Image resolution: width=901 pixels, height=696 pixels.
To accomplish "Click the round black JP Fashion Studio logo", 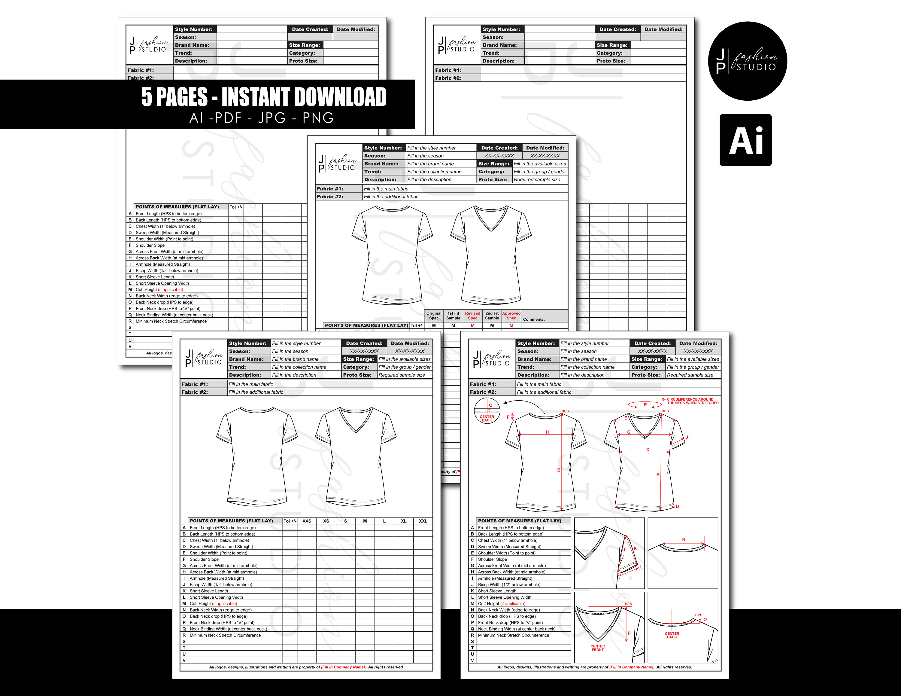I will tap(747, 61).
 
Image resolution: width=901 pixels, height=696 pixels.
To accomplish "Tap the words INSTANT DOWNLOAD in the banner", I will tap(304, 97).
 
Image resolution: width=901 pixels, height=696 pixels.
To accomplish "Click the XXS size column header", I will tap(307, 521).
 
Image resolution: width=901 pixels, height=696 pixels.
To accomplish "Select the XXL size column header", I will tap(423, 521).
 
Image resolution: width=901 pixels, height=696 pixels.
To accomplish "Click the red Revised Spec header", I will tap(472, 316).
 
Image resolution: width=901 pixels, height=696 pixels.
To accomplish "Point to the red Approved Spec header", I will tap(511, 316).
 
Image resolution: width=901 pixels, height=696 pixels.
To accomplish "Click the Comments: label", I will tap(533, 319).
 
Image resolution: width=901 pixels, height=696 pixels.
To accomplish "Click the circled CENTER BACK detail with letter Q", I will tap(487, 411).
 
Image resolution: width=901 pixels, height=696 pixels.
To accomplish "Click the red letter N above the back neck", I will tap(684, 539).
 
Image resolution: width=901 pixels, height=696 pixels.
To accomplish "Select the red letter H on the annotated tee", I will tap(547, 432).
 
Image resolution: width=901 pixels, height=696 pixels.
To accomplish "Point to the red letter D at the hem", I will tap(677, 506).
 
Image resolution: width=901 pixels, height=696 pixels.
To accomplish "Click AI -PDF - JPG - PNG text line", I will tap(262, 118).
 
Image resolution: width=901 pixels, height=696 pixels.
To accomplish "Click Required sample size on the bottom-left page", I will tap(402, 375).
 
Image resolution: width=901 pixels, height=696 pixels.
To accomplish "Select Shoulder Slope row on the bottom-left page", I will tap(204, 559).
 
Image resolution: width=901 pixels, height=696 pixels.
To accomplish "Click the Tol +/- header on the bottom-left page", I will tap(290, 521).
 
